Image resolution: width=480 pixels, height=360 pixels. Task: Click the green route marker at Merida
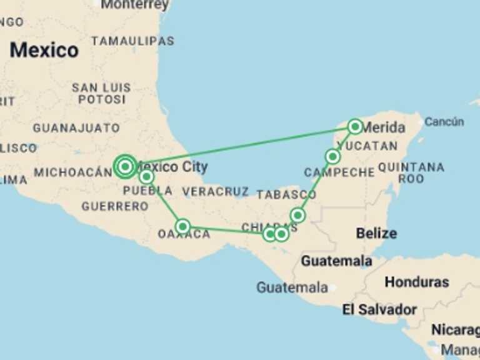pos(355,127)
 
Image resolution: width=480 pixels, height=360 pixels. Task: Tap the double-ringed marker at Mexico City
pos(126,166)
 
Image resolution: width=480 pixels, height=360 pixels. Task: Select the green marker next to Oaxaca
pos(182,226)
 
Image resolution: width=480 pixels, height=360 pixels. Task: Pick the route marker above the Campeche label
pos(332,156)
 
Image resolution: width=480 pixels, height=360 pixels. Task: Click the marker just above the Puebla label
pos(146,177)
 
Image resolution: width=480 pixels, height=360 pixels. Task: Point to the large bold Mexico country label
pos(44,50)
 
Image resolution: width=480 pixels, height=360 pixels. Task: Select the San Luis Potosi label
pos(101,93)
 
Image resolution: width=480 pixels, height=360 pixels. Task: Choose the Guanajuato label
pos(76,128)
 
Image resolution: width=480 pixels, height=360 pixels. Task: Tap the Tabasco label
pos(286,194)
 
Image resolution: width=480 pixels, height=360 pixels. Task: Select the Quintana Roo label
pos(411,172)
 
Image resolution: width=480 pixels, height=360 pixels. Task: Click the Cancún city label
pos(444,122)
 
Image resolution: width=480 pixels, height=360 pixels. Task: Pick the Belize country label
pos(376,234)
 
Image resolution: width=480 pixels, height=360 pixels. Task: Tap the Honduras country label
pos(416,282)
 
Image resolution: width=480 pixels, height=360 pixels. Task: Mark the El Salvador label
pos(379,309)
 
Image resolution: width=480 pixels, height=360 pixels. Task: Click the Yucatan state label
pos(371,146)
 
